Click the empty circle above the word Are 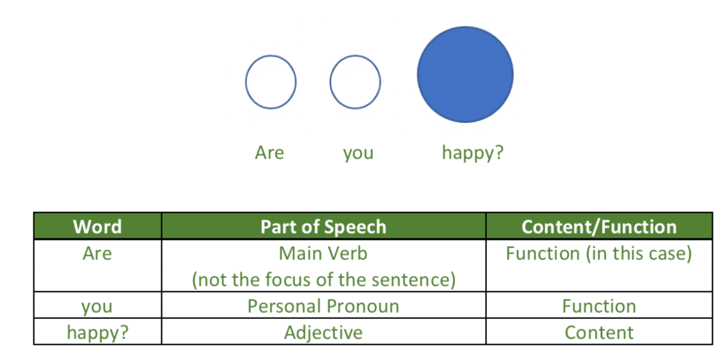click(x=246, y=82)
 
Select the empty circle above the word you click(x=331, y=82)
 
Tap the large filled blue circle click(x=465, y=74)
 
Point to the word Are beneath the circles click(x=270, y=153)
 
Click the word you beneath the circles click(x=358, y=154)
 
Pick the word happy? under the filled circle click(x=472, y=154)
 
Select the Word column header click(x=97, y=227)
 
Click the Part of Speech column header click(x=323, y=227)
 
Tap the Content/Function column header click(x=599, y=227)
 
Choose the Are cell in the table click(x=97, y=254)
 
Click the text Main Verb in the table click(x=323, y=254)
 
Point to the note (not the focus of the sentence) click(x=323, y=281)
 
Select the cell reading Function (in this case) click(x=599, y=254)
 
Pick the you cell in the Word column click(x=97, y=307)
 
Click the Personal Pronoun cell click(x=323, y=306)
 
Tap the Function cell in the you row click(x=599, y=306)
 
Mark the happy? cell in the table click(x=97, y=333)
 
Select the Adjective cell click(x=323, y=333)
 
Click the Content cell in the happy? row click(x=599, y=333)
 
